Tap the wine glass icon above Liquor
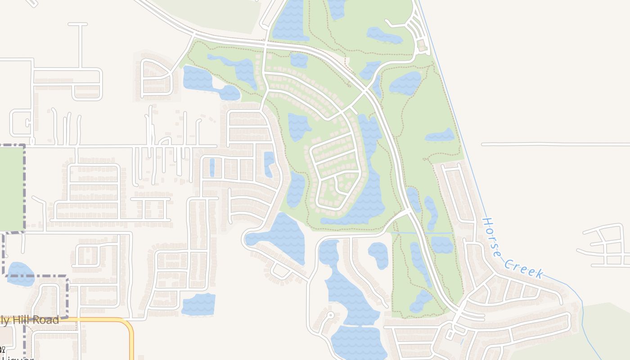2,349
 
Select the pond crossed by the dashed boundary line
20,274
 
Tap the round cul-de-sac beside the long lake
331,315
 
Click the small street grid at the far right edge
607,247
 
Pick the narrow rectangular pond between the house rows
212,167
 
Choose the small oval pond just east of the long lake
378,255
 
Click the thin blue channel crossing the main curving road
421,233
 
